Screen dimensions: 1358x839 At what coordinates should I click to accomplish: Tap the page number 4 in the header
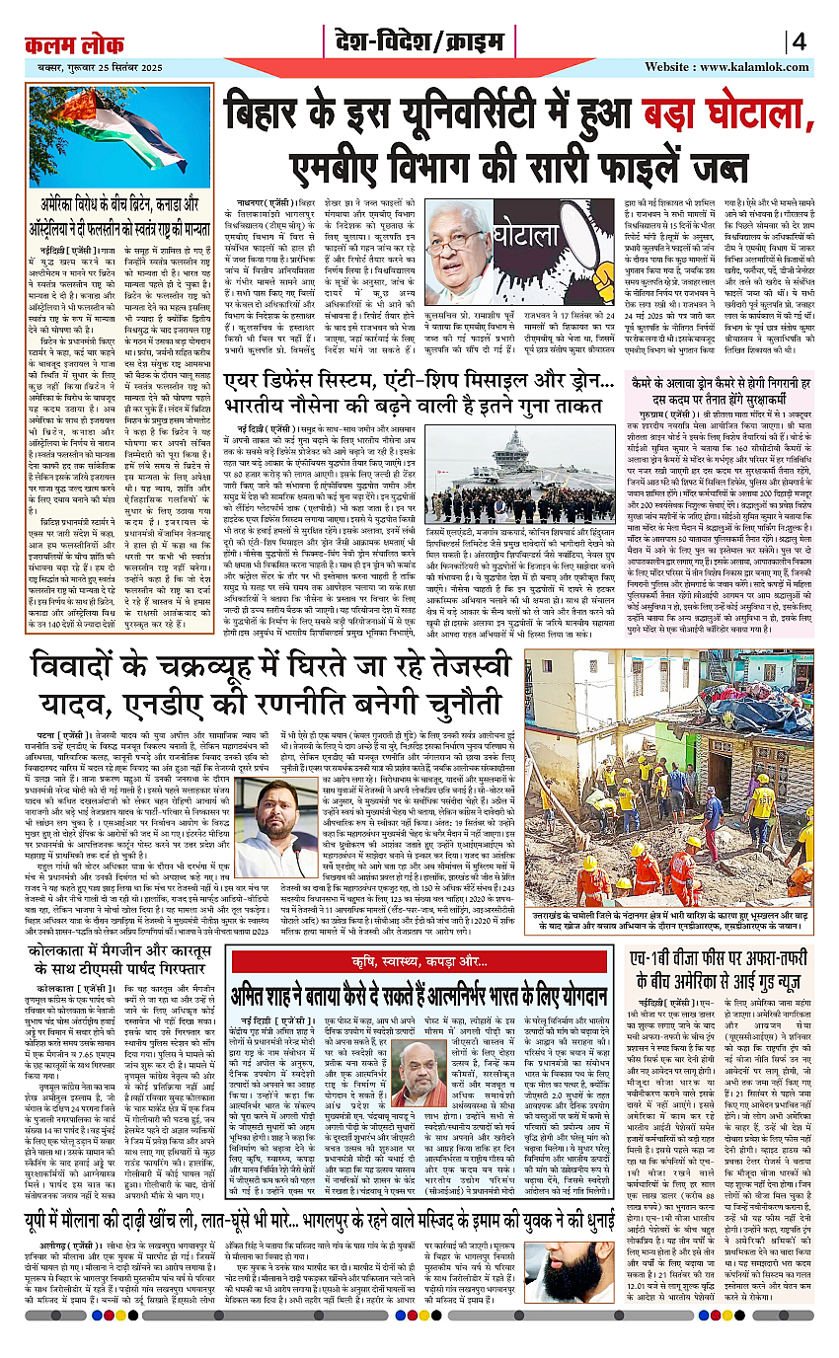tap(799, 42)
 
